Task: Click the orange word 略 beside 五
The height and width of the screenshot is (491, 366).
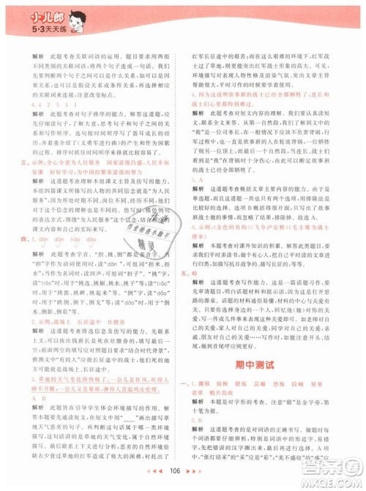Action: [203, 271]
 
